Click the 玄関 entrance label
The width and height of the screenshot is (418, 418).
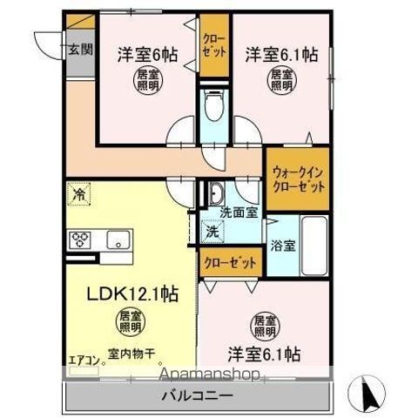[x=78, y=51]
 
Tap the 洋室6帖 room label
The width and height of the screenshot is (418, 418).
[x=147, y=53]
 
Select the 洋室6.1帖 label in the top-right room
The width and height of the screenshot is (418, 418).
[x=280, y=53]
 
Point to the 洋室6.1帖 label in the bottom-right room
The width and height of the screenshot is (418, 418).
[x=265, y=354]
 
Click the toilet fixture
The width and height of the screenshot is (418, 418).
[x=212, y=108]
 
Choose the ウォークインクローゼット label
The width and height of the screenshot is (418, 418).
[x=298, y=179]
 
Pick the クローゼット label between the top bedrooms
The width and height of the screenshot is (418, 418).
[x=212, y=44]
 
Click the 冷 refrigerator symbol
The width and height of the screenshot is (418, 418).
[x=79, y=193]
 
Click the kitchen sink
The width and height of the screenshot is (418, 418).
[x=116, y=239]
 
